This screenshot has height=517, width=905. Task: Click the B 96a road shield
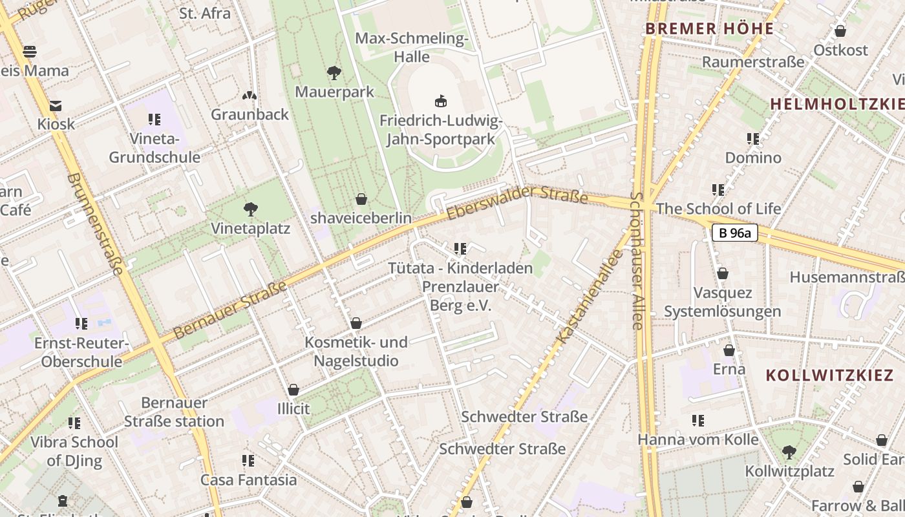click(x=734, y=233)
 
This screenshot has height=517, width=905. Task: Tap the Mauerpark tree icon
click(x=334, y=72)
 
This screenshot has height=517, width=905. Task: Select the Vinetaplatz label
click(x=250, y=229)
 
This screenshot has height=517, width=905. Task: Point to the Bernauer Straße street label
click(x=230, y=309)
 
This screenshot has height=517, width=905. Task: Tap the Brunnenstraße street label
click(x=94, y=224)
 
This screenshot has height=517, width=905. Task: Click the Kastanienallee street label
click(x=590, y=296)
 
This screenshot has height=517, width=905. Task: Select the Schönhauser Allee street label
click(x=637, y=261)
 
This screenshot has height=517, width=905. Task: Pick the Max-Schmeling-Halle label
click(x=412, y=48)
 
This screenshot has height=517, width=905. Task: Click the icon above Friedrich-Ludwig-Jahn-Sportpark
click(x=441, y=101)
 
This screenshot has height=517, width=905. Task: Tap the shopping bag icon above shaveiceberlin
click(x=361, y=199)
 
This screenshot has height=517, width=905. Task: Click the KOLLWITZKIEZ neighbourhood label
click(x=816, y=375)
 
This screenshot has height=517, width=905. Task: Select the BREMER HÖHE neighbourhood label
click(x=709, y=29)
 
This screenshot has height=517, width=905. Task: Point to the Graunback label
click(x=250, y=114)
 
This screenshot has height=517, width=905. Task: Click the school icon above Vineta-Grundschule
click(x=154, y=119)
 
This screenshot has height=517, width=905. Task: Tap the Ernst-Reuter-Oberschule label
click(x=81, y=352)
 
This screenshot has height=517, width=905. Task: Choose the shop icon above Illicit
click(x=293, y=390)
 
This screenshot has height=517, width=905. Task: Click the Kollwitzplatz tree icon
click(x=788, y=452)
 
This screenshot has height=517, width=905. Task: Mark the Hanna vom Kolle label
click(x=698, y=440)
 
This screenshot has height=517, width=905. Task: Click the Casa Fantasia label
click(x=248, y=480)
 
